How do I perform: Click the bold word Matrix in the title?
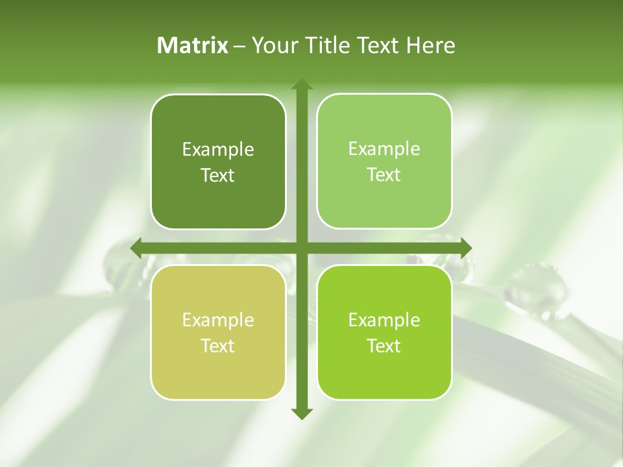point(193,45)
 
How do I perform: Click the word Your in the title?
point(271,45)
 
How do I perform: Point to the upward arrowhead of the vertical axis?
point(301,85)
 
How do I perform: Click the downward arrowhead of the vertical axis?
point(301,413)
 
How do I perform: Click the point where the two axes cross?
point(301,247)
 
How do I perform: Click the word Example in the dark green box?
point(218,150)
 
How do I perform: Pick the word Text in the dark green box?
point(218,176)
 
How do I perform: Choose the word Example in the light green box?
point(384,149)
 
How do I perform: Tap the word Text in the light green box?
point(384,175)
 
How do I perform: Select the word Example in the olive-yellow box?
point(218,320)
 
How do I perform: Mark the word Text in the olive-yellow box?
point(218,346)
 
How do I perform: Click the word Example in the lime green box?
point(384,320)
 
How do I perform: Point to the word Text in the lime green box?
point(384,346)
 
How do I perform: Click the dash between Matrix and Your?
point(239,46)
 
